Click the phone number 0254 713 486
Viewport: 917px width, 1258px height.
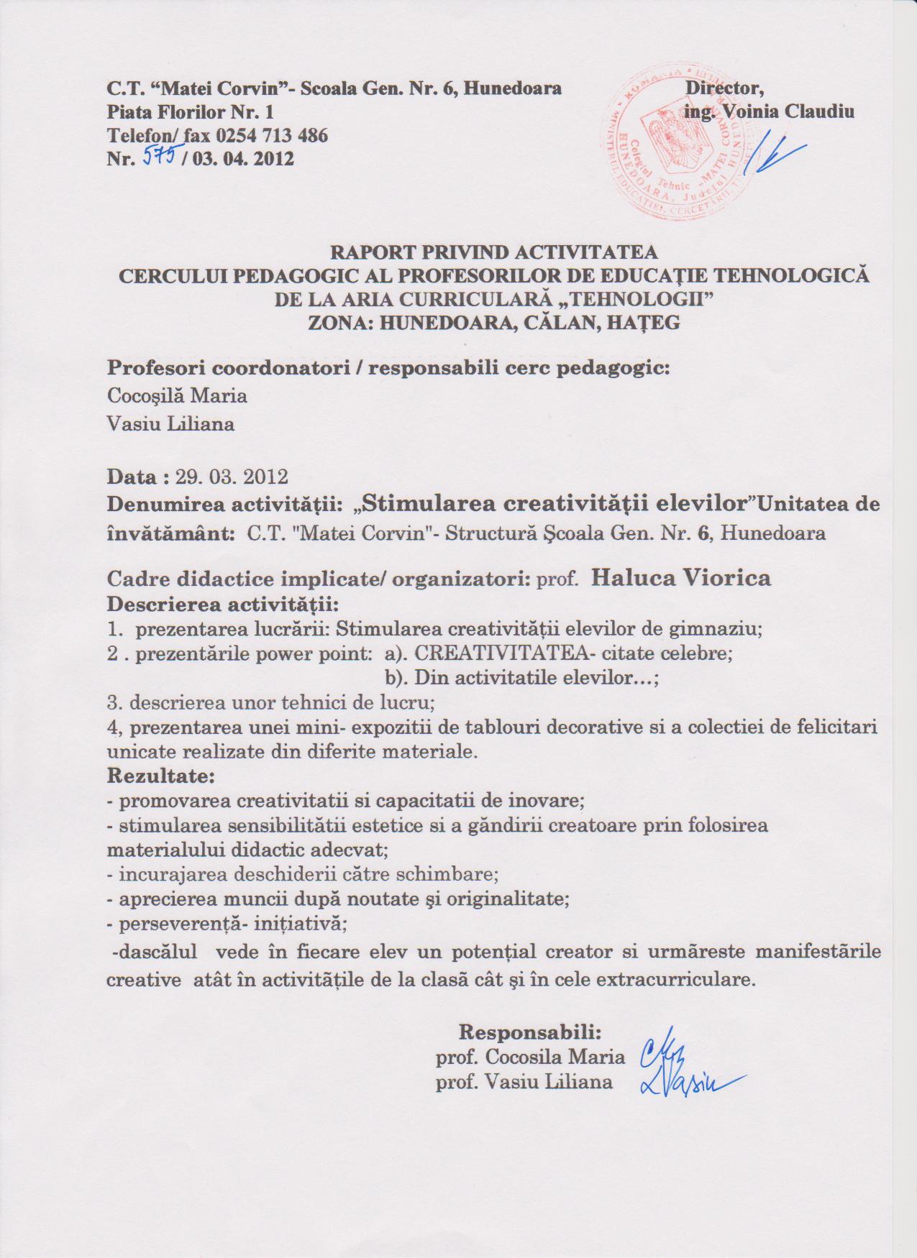coord(271,135)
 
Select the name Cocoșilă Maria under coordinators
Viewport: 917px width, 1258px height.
coord(177,396)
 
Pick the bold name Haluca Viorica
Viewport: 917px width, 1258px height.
coord(680,578)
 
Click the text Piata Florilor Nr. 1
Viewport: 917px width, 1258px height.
coord(190,113)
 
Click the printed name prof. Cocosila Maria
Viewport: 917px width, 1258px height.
coord(530,1057)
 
